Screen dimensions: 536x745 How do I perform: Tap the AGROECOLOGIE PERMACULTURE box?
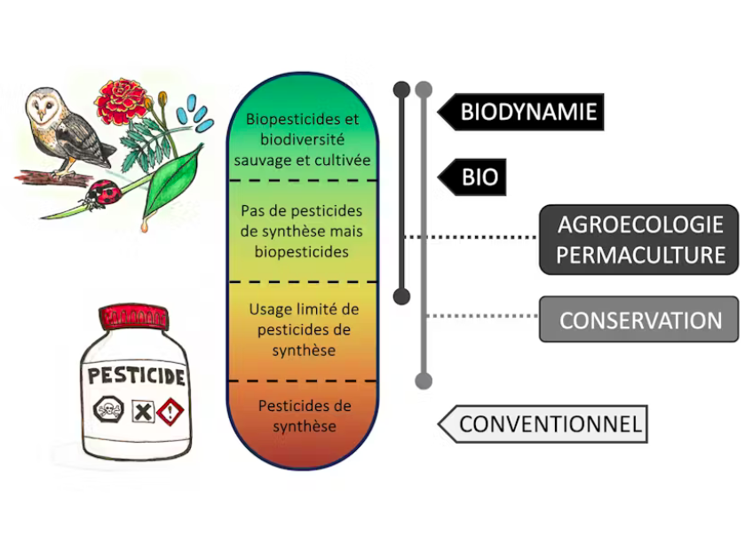(639, 239)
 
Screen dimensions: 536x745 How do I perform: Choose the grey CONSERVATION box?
(639, 319)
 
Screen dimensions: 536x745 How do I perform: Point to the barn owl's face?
(44, 109)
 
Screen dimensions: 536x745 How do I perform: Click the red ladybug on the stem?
(105, 191)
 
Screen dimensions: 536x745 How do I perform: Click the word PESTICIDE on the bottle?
(135, 374)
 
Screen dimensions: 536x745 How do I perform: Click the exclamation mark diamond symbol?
(171, 411)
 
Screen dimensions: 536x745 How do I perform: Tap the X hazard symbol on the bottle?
(139, 411)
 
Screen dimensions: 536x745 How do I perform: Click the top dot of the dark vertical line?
(401, 89)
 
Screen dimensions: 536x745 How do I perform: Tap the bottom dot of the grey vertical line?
(424, 381)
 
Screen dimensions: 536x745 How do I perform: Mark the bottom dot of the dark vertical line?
(401, 296)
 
